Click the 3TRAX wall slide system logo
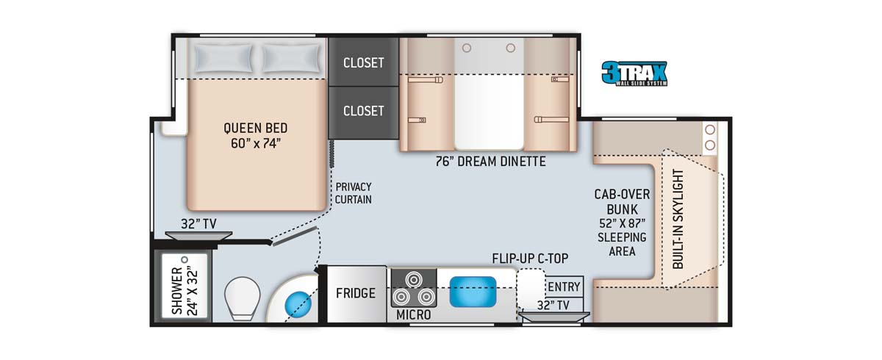pyautogui.click(x=634, y=73)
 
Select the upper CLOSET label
pyautogui.click(x=364, y=62)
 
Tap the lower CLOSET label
pyautogui.click(x=364, y=111)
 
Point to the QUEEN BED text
pyautogui.click(x=252, y=127)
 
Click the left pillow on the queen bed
pyautogui.click(x=223, y=58)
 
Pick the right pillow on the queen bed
pyautogui.click(x=292, y=58)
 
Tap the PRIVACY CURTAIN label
pyautogui.click(x=354, y=192)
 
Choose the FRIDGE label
pyautogui.click(x=356, y=293)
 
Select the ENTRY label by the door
pyautogui.click(x=564, y=287)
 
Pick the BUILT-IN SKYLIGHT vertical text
pyautogui.click(x=678, y=219)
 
